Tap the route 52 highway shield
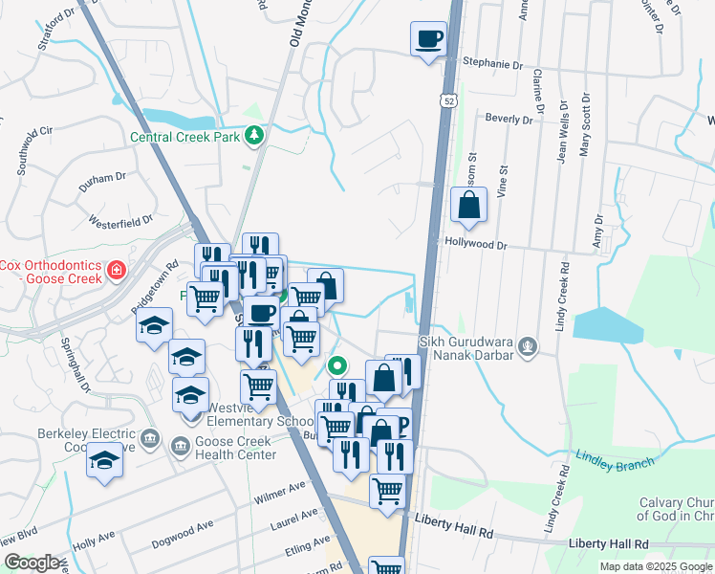[448, 99]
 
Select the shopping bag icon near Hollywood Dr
[469, 205]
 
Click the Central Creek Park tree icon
[253, 136]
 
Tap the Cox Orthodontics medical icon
[117, 271]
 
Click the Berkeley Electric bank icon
[149, 439]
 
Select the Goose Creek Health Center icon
[179, 447]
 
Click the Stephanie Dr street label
[494, 63]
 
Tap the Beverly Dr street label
[508, 120]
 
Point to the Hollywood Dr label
[475, 245]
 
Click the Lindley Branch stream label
[615, 462]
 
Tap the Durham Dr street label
[102, 182]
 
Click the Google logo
[32, 563]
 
